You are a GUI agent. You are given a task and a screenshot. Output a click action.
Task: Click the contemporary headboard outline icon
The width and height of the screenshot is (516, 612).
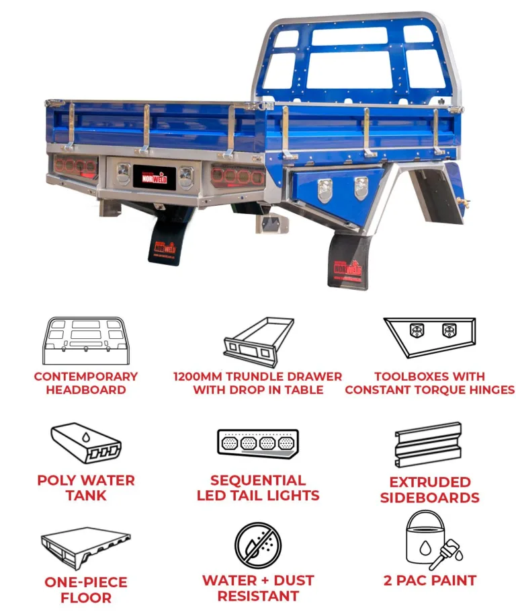86,341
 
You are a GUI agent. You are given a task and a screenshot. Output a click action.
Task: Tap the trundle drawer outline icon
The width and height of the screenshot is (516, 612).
258,342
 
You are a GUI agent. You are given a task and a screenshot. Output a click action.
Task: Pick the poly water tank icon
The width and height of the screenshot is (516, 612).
86,443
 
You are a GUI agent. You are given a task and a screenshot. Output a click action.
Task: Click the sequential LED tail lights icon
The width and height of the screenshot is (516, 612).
258,444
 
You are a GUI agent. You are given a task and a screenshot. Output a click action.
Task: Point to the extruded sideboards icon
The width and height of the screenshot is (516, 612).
428,445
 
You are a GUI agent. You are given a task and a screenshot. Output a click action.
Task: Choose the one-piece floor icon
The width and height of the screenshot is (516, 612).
86,546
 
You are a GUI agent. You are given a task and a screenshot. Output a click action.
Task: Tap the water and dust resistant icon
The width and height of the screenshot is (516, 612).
258,545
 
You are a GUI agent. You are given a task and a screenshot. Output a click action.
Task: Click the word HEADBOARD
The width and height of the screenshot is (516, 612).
86,389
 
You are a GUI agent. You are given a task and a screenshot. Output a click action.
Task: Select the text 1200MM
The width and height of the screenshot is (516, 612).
198,377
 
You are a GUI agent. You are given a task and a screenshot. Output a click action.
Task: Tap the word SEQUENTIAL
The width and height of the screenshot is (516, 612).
258,480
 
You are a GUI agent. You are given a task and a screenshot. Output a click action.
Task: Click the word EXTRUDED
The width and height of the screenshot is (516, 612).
430,482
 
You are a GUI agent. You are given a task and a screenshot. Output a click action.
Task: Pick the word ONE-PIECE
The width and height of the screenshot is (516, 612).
86,582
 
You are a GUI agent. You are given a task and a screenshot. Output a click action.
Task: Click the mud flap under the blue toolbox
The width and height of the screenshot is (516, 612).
348,262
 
